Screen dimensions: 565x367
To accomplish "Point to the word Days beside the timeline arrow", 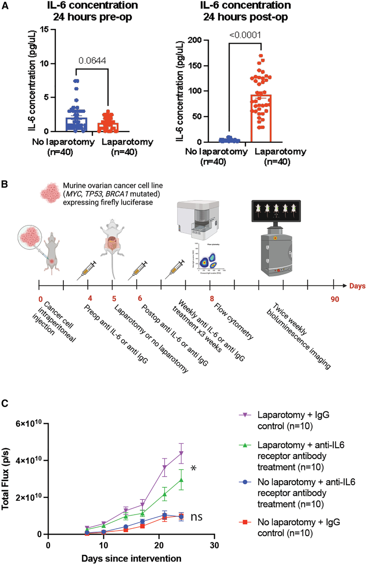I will point(357,285).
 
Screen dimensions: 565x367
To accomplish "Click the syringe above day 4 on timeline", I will point(87,270).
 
